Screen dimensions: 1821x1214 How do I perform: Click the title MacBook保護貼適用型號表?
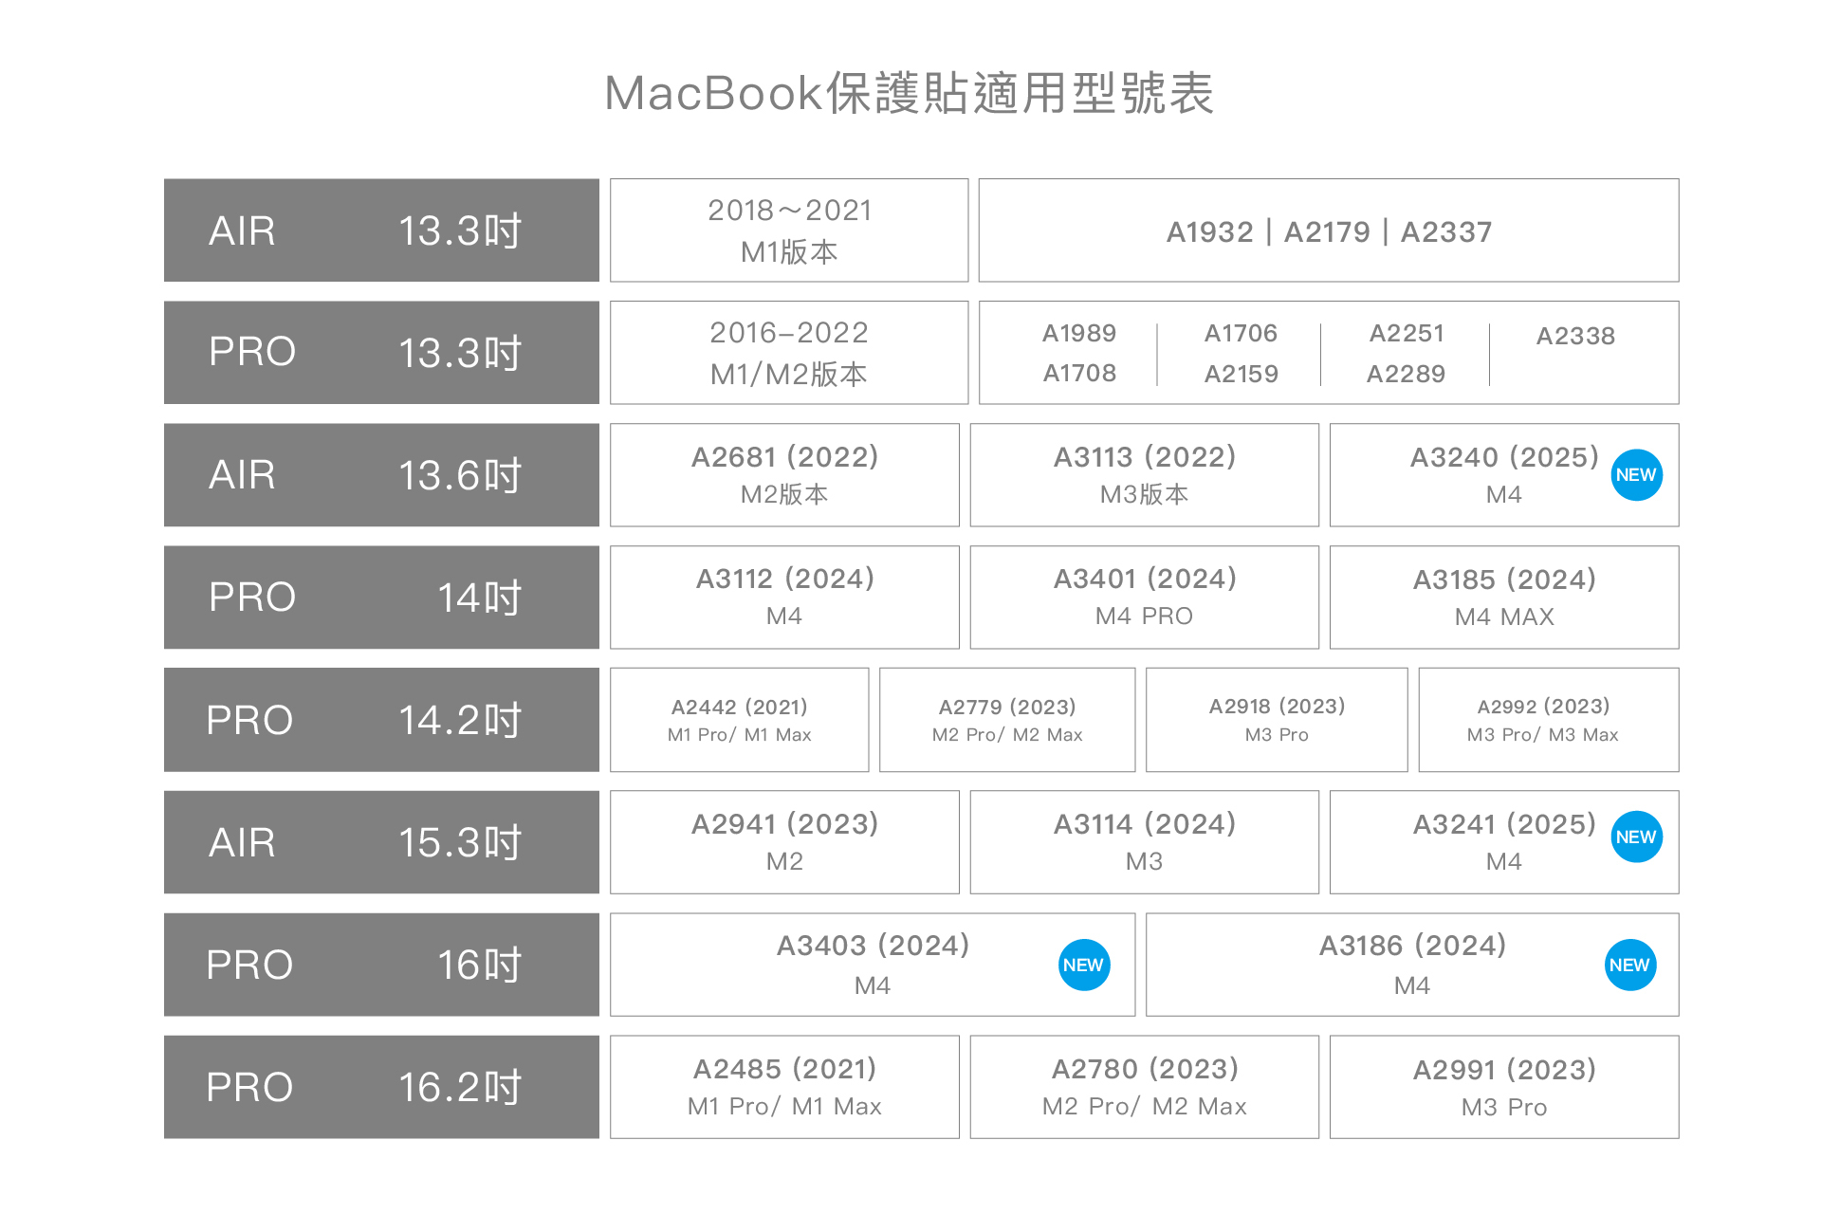909,94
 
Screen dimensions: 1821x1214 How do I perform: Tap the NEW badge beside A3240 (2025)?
1636,475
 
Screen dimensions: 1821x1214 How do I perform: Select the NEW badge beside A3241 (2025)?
1636,837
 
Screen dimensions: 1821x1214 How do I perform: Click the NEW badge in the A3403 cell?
1083,966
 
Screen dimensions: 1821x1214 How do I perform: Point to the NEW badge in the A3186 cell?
1629,966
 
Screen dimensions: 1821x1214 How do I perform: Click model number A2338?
1575,337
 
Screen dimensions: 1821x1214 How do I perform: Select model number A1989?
1079,334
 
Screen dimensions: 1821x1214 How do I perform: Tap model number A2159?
1242,374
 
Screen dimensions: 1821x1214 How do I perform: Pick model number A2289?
1406,374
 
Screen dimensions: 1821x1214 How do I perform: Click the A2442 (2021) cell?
739,720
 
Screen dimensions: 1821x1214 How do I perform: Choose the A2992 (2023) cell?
1548,720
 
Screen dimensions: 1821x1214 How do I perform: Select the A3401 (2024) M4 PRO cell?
1144,598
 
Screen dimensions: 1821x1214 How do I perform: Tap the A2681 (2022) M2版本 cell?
784,475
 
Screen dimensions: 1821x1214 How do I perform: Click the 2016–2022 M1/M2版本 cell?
788,353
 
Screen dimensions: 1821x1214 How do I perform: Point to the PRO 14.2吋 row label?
381,720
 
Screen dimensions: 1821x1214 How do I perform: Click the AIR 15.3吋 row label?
381,842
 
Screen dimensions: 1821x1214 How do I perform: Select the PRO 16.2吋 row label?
381,1087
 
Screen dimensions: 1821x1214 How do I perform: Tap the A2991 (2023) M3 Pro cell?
1504,1087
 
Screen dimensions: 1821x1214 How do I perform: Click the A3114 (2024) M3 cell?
1144,842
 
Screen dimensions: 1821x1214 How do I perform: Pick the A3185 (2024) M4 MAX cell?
1504,598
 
